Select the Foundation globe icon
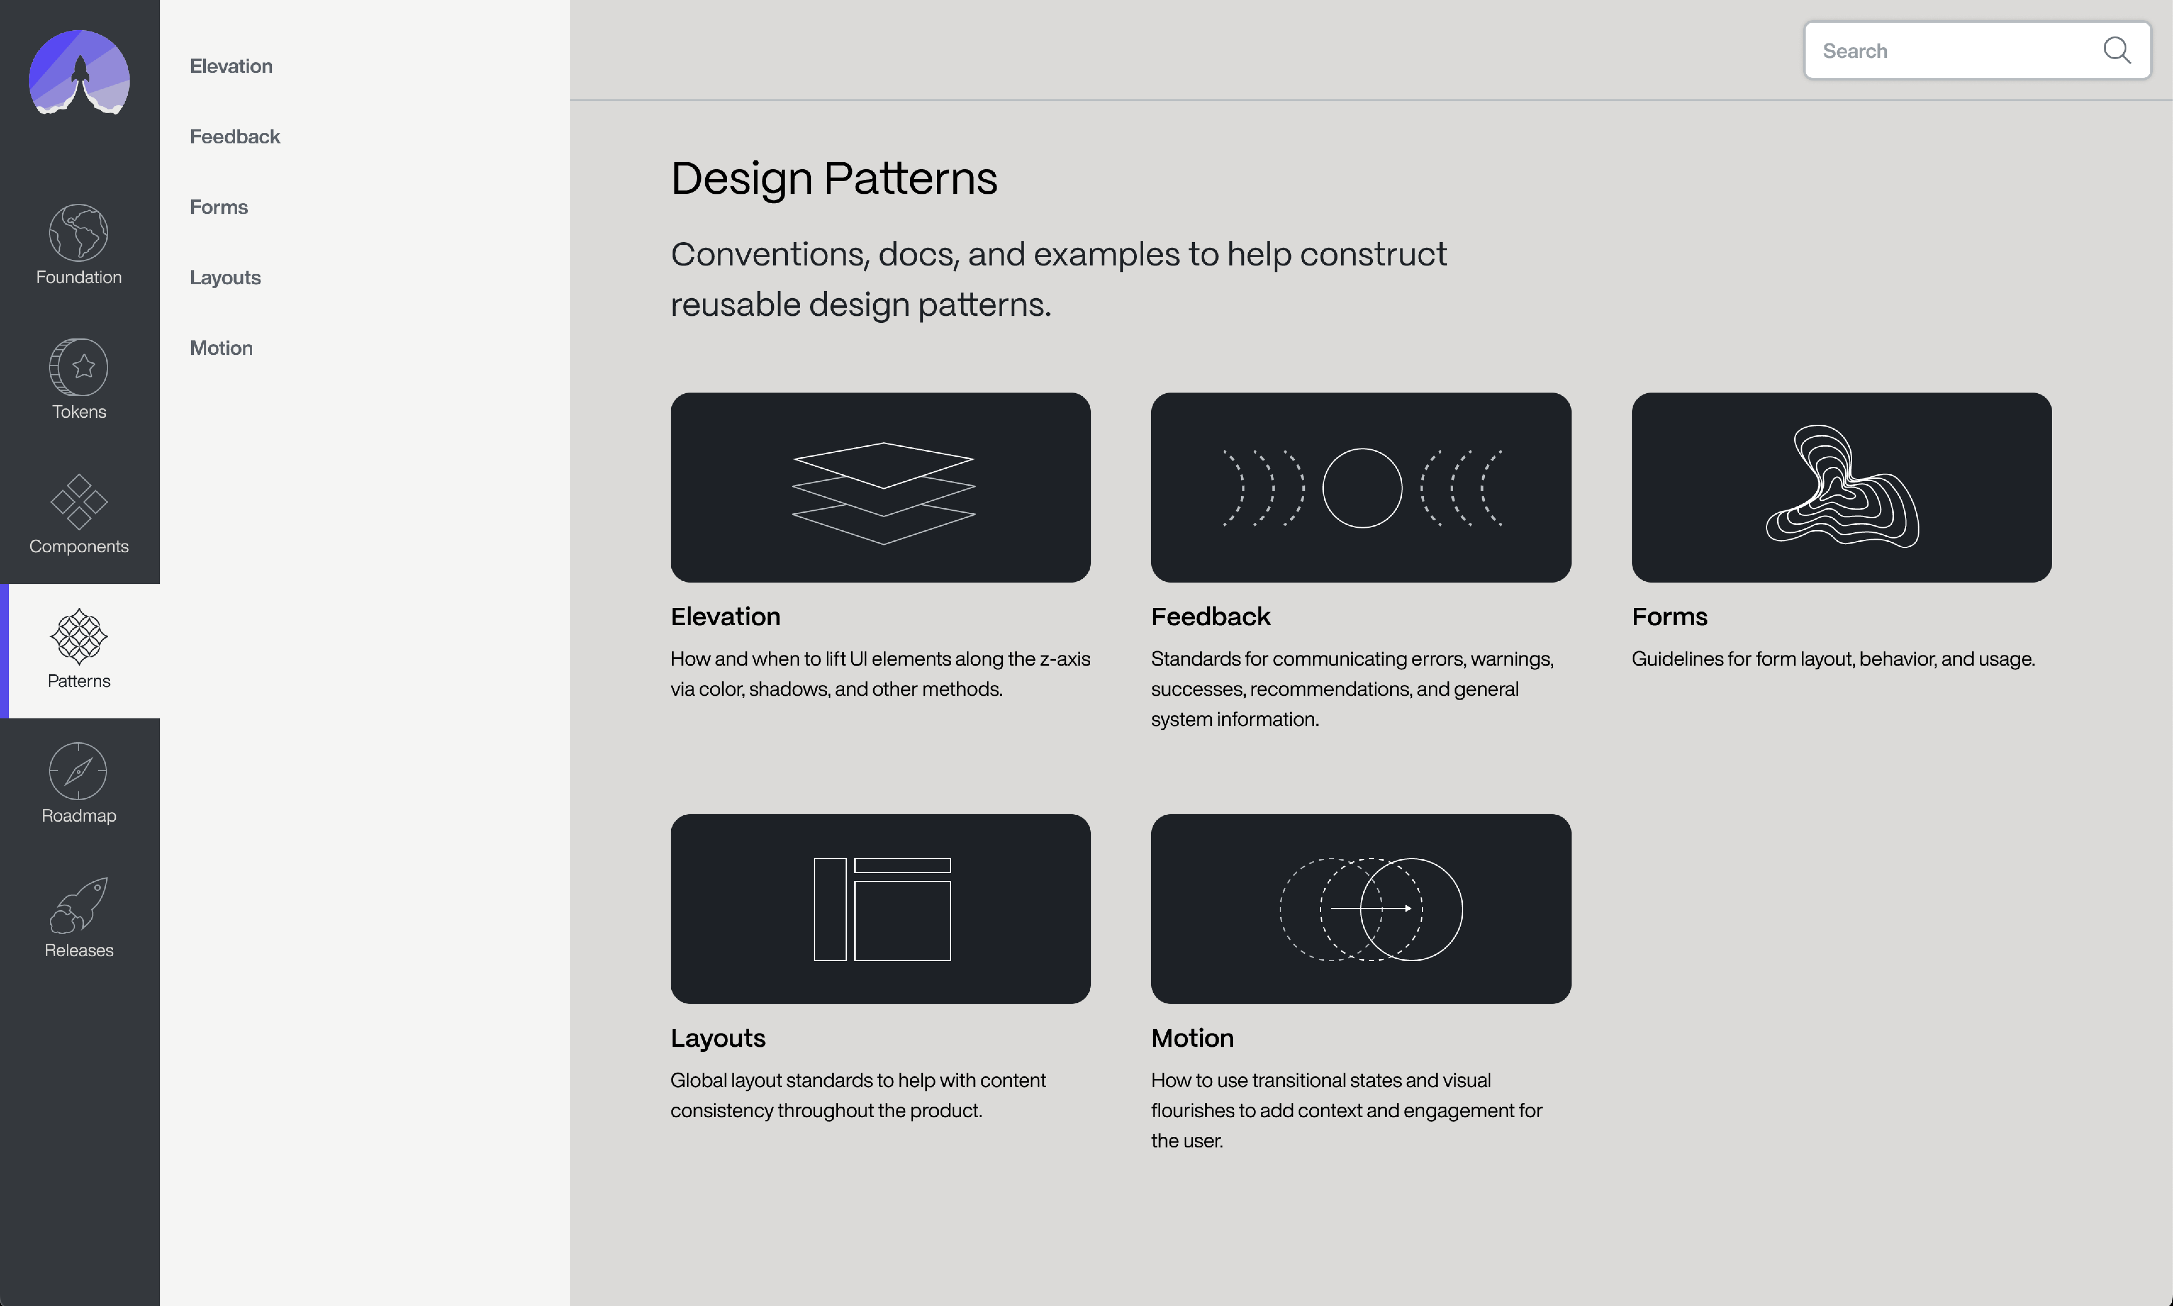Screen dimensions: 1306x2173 pos(78,232)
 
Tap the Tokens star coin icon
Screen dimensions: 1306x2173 pos(78,367)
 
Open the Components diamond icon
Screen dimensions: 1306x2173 pos(78,502)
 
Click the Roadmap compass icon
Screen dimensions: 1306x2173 pos(78,771)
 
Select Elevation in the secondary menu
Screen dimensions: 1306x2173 pos(231,66)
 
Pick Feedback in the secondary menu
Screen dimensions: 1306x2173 pos(234,137)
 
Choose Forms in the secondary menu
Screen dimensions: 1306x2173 pos(218,207)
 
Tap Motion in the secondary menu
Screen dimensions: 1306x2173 pos(221,348)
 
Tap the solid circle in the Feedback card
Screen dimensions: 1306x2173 pos(1361,488)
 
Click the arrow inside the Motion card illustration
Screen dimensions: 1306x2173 pos(1371,907)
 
